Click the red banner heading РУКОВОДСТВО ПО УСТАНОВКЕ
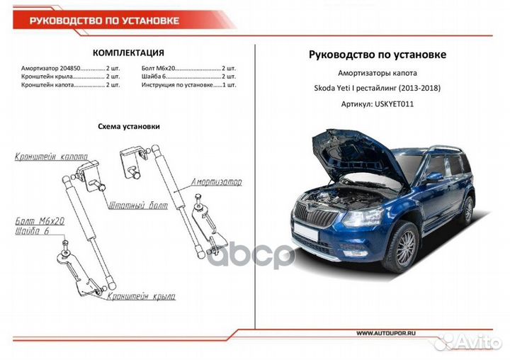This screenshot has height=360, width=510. (104, 21)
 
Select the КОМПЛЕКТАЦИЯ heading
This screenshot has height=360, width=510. (128, 52)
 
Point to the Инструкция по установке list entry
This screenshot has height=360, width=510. (188, 85)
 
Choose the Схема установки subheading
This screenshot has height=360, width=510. (129, 126)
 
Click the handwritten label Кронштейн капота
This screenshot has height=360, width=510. (52, 157)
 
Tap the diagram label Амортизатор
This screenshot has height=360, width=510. (217, 181)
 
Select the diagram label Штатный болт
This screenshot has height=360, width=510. (138, 205)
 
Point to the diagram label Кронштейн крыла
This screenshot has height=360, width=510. (141, 296)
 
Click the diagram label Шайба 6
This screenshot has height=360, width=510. (32, 231)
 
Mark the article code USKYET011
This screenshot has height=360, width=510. (395, 104)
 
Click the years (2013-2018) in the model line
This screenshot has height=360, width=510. (419, 88)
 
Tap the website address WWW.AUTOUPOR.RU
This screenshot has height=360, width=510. (386, 333)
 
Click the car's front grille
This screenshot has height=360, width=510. (314, 215)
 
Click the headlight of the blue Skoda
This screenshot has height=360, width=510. (363, 218)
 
